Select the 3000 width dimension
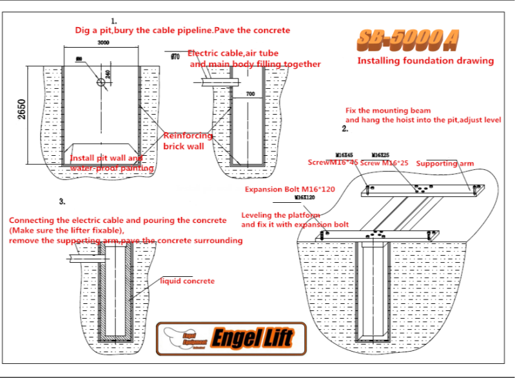pyautogui.click(x=103, y=43)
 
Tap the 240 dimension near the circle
pyautogui.click(x=108, y=74)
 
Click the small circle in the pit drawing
pyautogui.click(x=101, y=82)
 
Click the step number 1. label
pyautogui.click(x=114, y=21)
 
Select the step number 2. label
pyautogui.click(x=345, y=129)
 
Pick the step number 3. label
pyautogui.click(x=62, y=201)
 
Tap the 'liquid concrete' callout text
pyautogui.click(x=188, y=281)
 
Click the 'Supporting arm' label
pyautogui.click(x=445, y=164)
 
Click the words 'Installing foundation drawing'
pyautogui.click(x=425, y=61)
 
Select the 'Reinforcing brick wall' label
pyautogui.click(x=188, y=141)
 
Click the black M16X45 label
pyautogui.click(x=345, y=155)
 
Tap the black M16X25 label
pyautogui.click(x=380, y=155)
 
